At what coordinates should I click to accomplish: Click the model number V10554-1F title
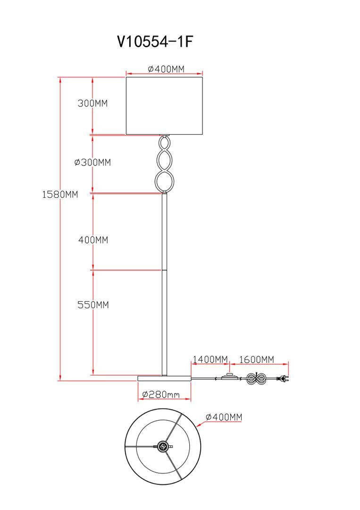155,42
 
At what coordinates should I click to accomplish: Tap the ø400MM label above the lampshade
166,69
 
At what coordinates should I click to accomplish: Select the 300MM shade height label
92,103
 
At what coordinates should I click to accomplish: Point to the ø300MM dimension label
92,162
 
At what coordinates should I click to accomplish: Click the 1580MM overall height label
60,195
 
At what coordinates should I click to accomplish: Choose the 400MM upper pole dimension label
93,240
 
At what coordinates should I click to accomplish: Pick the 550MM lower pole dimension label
93,305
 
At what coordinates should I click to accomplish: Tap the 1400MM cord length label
210,359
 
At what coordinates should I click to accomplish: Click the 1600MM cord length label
257,359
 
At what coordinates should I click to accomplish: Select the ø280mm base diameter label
161,394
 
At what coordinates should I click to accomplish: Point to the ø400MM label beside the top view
224,417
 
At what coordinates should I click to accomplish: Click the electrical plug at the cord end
283,378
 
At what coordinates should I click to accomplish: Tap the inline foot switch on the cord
230,377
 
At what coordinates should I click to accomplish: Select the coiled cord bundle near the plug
257,378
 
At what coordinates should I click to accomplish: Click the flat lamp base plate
164,378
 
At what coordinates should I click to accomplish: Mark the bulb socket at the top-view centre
163,446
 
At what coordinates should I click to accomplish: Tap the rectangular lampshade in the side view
164,106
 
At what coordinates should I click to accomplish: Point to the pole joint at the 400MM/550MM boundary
164,270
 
